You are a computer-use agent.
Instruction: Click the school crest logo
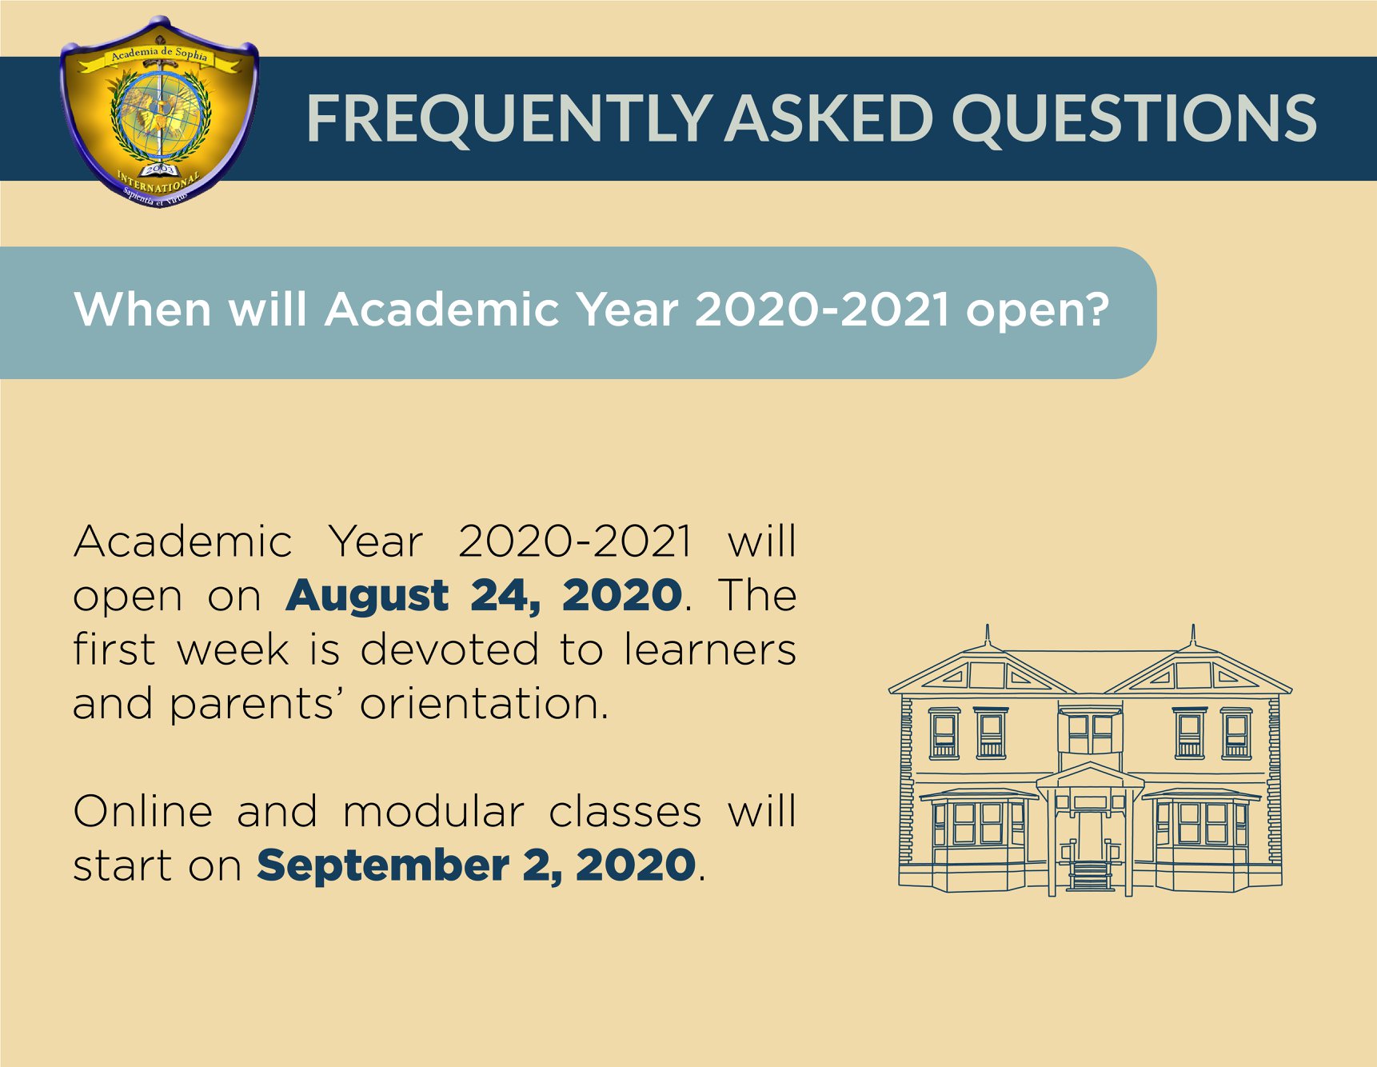coord(159,112)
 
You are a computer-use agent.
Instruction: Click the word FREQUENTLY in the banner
coord(509,118)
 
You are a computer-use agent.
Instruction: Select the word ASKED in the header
coord(829,118)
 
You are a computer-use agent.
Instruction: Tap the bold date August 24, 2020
coord(484,596)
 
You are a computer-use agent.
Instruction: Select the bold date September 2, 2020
coord(477,865)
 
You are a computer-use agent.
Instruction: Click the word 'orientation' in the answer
coord(484,704)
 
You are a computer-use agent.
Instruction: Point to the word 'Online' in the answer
coord(143,812)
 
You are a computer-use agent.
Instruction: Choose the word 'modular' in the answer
coord(433,812)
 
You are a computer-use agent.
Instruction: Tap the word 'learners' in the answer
coord(710,649)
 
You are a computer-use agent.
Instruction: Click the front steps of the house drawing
coord(1090,875)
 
